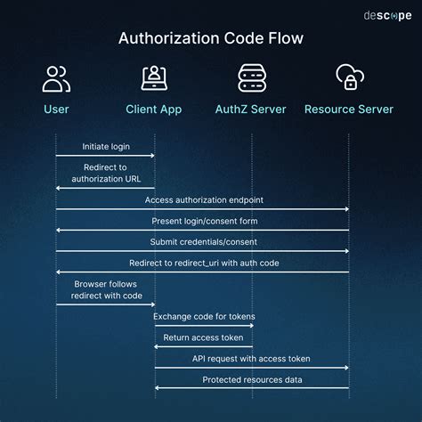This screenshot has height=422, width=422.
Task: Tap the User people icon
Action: coord(56,78)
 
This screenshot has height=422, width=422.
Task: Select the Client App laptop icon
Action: coord(155,78)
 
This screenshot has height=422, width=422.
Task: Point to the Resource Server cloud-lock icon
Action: coord(349,78)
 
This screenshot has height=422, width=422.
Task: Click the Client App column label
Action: coord(155,110)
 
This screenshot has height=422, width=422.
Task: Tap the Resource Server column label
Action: coord(349,110)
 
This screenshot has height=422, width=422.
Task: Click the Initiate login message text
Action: coord(105,146)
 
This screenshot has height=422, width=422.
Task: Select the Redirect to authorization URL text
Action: coord(105,173)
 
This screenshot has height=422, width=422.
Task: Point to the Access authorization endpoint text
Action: coord(204,199)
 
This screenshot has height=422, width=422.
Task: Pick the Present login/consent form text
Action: coord(204,220)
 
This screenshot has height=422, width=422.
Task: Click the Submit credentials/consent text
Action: coord(204,241)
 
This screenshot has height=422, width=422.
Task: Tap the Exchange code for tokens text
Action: coord(204,316)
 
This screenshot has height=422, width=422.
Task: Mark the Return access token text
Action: coord(204,337)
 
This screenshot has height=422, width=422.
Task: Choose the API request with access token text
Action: coord(252,358)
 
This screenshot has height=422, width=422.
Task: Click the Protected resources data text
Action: coord(252,379)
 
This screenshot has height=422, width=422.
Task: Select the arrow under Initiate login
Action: coord(105,156)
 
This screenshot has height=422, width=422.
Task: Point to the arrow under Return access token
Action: coord(204,346)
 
